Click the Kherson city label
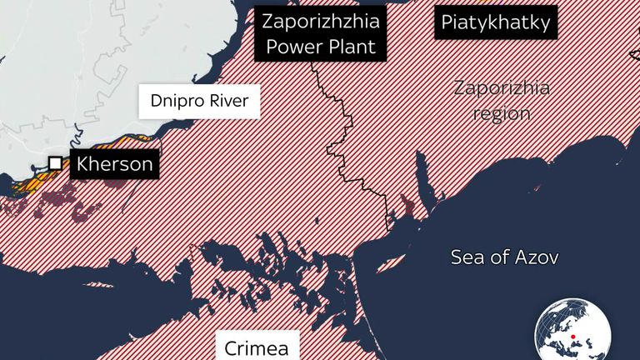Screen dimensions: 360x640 coord(114,164)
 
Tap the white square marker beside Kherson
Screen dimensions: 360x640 coord(55,163)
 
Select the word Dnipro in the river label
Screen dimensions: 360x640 coord(174,102)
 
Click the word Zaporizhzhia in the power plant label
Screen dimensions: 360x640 coord(321,22)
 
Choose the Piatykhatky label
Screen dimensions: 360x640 coord(496,22)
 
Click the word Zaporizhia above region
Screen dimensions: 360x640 coord(502,88)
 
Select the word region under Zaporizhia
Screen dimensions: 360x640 coord(502,113)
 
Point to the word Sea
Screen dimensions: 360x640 coord(467,257)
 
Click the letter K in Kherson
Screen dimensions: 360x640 coord(82,164)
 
